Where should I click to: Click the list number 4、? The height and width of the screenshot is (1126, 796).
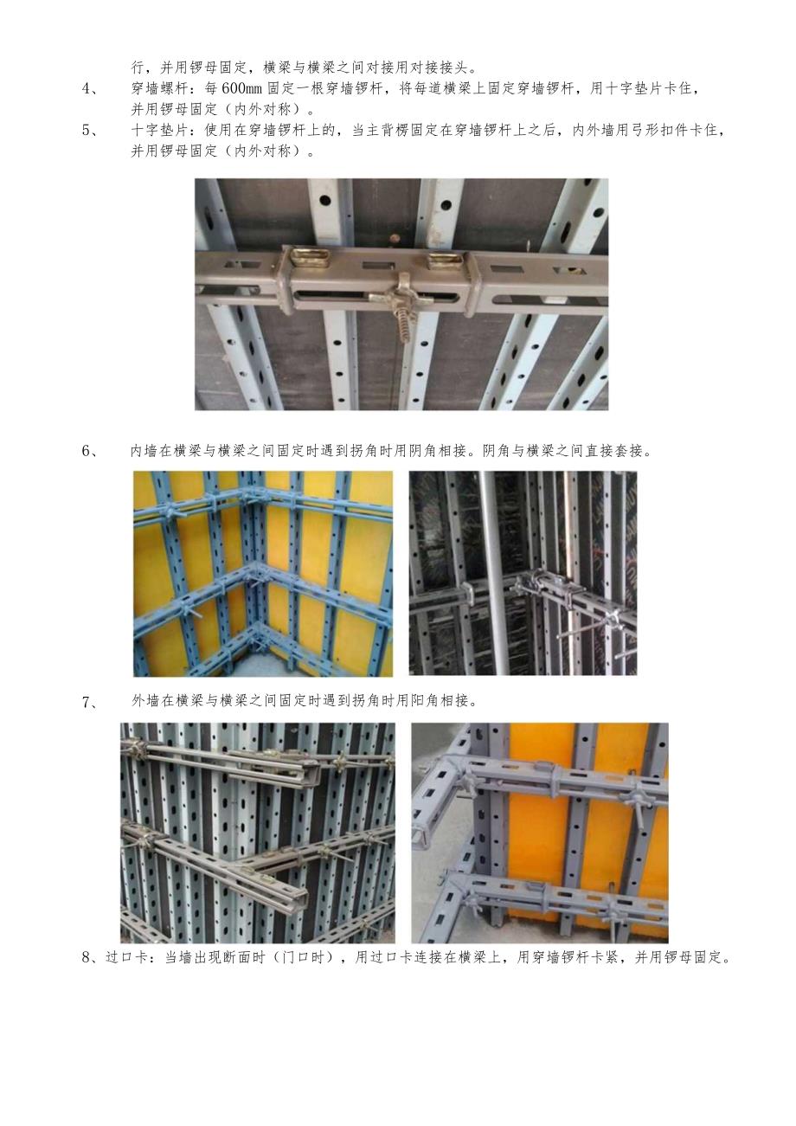pos(91,89)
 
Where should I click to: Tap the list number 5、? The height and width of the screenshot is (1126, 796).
pos(91,130)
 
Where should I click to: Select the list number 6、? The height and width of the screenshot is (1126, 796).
pos(91,451)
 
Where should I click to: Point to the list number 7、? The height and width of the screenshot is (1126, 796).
pos(91,701)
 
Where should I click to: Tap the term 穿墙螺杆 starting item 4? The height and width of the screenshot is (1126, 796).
pos(159,89)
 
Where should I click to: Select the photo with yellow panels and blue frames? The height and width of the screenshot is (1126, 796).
pos(263,574)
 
